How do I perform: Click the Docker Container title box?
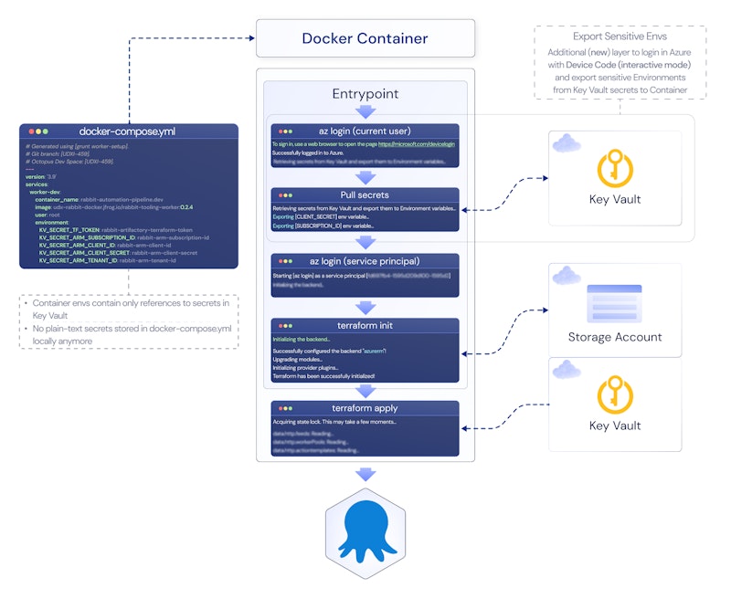click(x=365, y=38)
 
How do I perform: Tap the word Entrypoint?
click(x=365, y=94)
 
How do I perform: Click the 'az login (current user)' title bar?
click(x=365, y=131)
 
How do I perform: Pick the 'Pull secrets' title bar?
click(x=365, y=194)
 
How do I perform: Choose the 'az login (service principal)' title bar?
click(x=365, y=261)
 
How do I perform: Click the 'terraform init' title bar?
click(x=365, y=325)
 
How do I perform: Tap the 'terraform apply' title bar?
click(x=365, y=408)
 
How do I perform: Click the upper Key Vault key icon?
click(x=615, y=167)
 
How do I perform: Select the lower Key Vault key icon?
click(x=615, y=394)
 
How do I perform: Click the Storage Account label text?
click(x=615, y=337)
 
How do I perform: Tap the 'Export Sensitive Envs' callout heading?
click(x=619, y=37)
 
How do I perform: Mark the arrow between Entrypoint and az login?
click(x=365, y=111)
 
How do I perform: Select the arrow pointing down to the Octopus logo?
click(x=365, y=474)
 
